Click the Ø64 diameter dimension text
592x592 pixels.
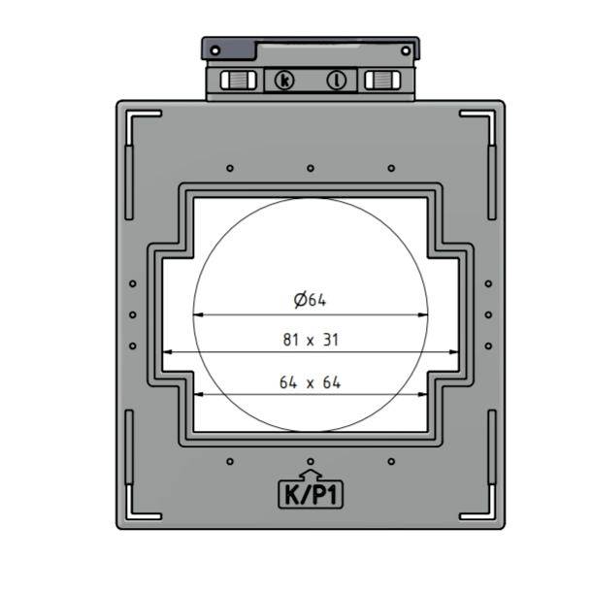coord(310,301)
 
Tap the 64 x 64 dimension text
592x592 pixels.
coord(310,382)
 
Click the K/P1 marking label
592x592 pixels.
coord(311,495)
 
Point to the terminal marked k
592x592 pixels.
coord(283,80)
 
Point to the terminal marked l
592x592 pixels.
coord(338,80)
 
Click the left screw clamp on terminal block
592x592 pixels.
coord(237,80)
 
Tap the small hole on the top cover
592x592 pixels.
coord(214,49)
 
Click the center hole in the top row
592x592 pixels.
coord(311,168)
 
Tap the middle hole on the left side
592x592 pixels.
coord(133,314)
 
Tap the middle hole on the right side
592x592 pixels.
coord(488,314)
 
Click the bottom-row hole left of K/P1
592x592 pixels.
coord(230,461)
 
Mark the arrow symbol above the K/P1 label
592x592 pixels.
coord(311,474)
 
